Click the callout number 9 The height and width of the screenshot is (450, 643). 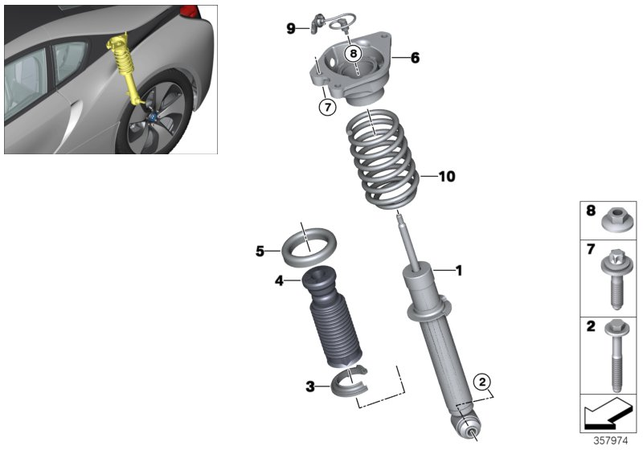point(291,29)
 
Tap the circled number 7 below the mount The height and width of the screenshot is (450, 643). point(326,108)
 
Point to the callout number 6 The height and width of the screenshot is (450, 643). point(415,58)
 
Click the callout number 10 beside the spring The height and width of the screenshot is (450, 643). point(446,176)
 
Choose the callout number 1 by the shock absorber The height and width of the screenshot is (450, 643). point(458,271)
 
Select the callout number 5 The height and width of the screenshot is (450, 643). point(260,251)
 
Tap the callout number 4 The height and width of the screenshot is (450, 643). point(279,281)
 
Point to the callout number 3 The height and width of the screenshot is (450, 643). point(310,387)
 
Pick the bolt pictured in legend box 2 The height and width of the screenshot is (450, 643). point(616,353)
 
